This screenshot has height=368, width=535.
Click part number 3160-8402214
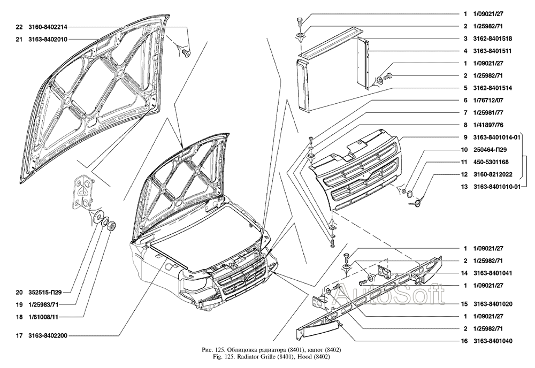coord(47,26)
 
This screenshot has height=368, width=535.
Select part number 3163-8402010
coord(47,39)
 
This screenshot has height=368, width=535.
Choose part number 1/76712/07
coord(488,100)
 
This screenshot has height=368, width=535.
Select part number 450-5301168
coord(490,162)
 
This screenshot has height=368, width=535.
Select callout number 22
coord(19,26)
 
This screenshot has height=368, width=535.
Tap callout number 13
coord(466,187)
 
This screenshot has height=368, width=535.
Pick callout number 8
coord(466,125)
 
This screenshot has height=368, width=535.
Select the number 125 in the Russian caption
coord(219,350)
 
